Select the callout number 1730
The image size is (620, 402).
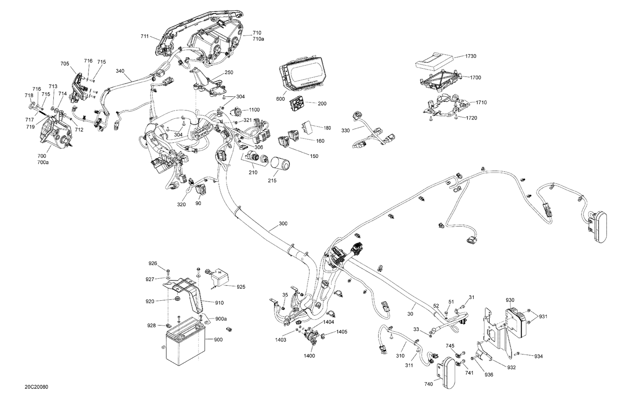point(470,56)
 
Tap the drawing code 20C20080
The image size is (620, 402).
point(36,387)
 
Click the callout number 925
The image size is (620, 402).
point(241,287)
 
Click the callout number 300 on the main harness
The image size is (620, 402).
point(283,223)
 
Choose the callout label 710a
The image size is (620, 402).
point(258,39)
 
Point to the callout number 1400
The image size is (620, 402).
point(309,356)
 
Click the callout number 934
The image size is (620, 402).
point(538,357)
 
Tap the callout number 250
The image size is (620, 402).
point(229,72)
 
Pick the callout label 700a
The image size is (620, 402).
point(43,163)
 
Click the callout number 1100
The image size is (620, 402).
point(254,110)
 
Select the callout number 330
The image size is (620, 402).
point(346,131)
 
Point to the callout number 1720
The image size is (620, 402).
point(471,118)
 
